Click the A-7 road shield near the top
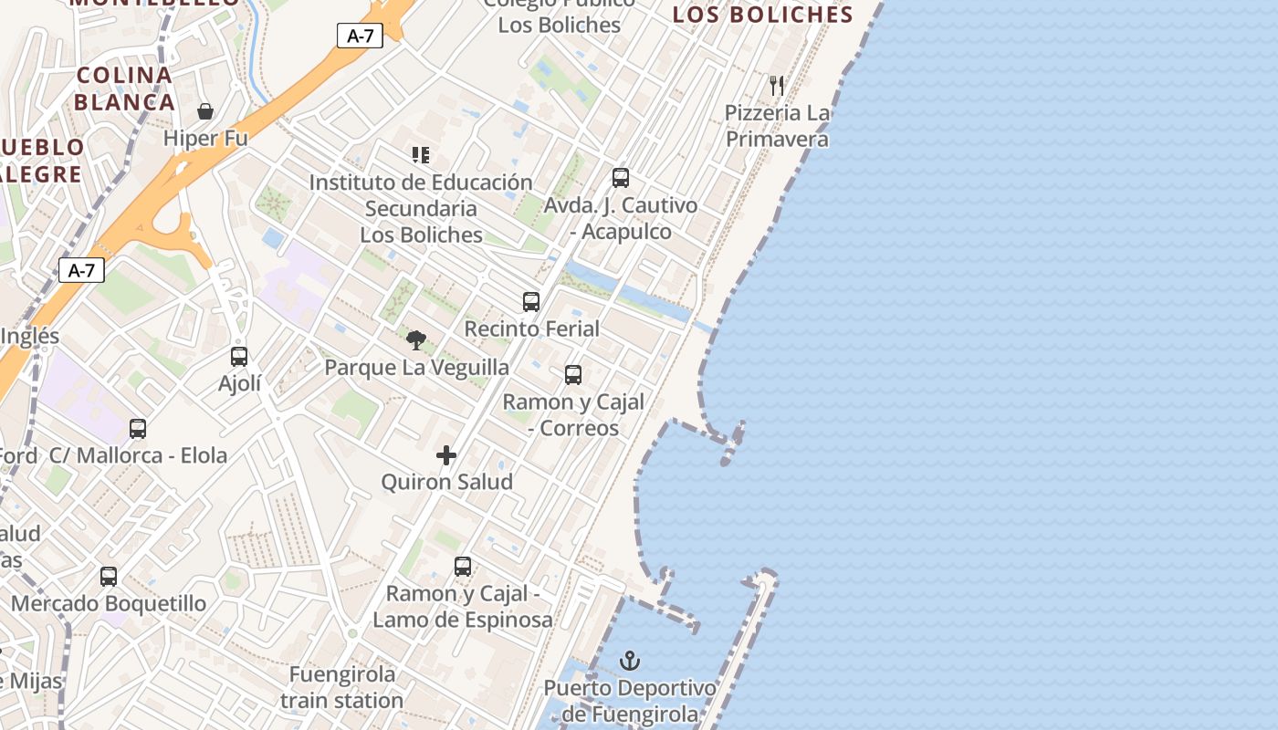(360, 36)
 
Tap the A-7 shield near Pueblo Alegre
(81, 270)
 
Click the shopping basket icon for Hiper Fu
(205, 111)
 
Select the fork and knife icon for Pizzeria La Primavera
(777, 86)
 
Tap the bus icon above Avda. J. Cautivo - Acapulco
(621, 178)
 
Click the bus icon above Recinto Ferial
(531, 301)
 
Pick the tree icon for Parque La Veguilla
(416, 340)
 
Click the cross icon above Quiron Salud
(446, 454)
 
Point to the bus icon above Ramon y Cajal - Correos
(573, 374)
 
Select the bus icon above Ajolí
(239, 356)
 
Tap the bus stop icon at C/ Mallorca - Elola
(138, 428)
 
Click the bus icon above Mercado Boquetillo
(109, 576)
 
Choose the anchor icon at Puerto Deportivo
(630, 660)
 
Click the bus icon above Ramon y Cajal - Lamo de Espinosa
(463, 566)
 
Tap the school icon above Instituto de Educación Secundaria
(420, 155)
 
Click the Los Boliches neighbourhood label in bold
(762, 15)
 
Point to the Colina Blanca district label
(125, 89)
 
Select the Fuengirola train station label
(342, 687)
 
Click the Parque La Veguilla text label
(417, 368)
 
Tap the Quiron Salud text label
(446, 482)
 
